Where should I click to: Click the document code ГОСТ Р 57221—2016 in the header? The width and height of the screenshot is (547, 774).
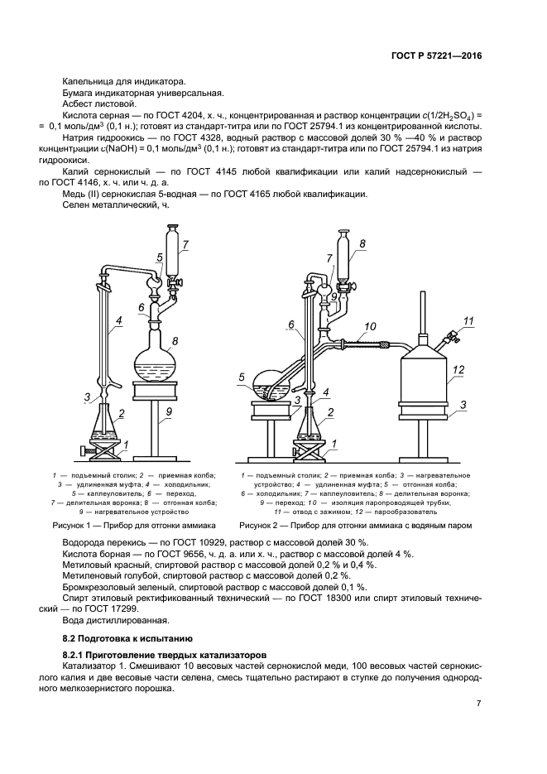436,56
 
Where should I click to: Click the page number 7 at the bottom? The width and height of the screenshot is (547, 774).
479,704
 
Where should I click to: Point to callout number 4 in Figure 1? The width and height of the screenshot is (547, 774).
119,320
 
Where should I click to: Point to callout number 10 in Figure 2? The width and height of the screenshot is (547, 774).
370,325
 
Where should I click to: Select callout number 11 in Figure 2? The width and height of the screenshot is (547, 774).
468,320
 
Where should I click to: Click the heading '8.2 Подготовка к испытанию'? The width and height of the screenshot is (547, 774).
128,638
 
